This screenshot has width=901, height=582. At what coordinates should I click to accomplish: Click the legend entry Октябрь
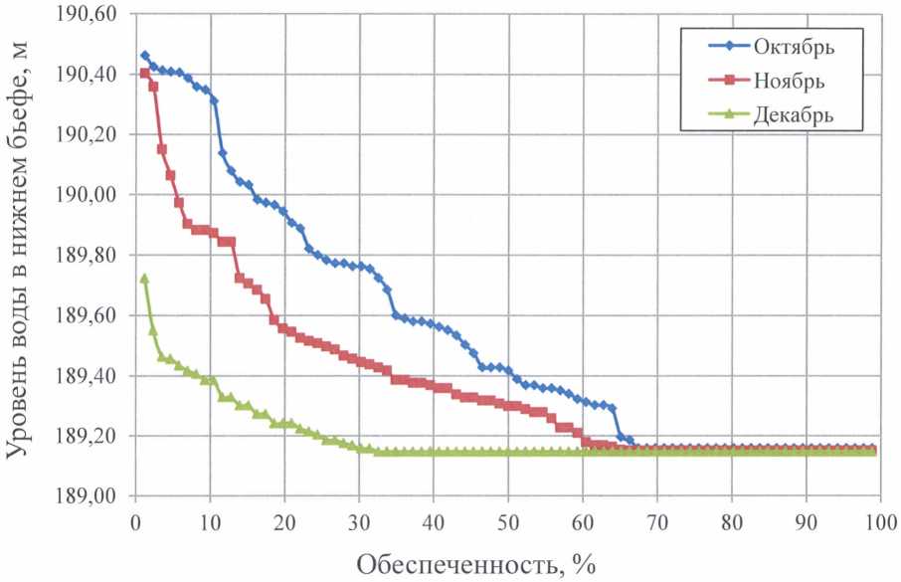point(793,47)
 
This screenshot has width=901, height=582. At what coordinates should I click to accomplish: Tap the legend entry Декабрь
point(793,114)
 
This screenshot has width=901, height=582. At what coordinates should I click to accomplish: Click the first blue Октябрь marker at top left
point(144,56)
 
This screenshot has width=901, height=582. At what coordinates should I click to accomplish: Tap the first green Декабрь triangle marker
point(144,279)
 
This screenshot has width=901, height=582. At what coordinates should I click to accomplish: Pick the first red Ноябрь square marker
point(144,73)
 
